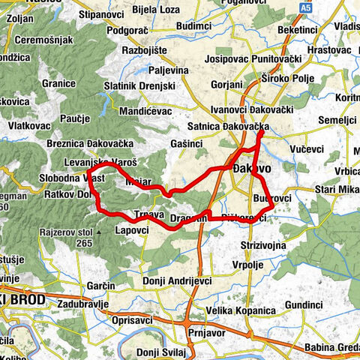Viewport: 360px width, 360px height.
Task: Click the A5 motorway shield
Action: pyautogui.click(x=304, y=7)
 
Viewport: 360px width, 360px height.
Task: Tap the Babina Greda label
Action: pyautogui.click(x=331, y=348)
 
